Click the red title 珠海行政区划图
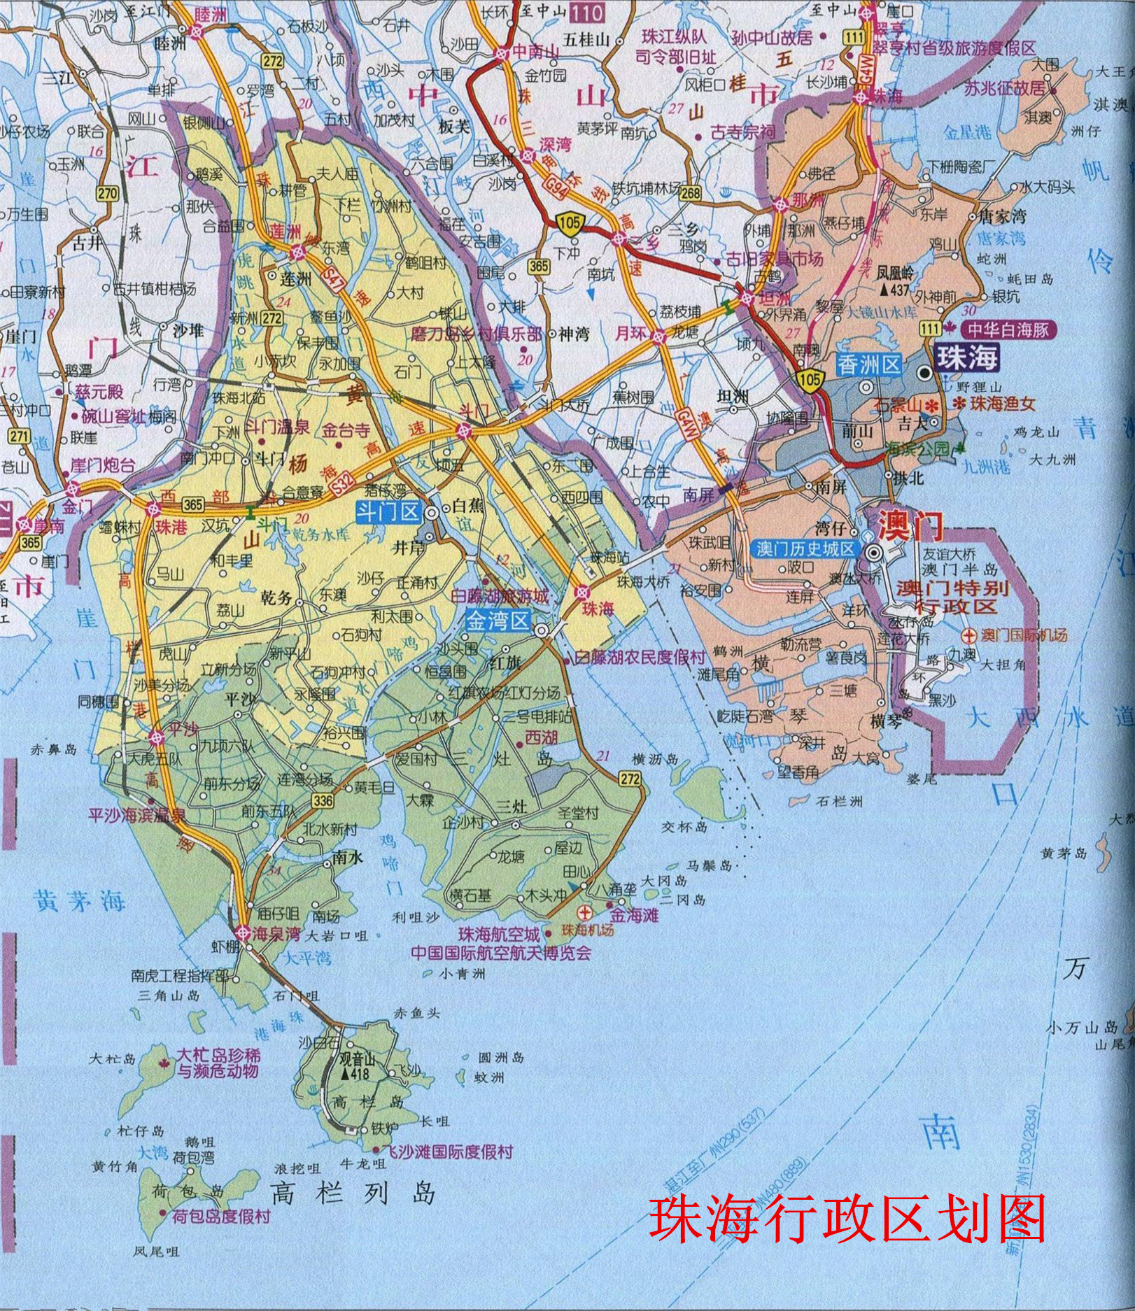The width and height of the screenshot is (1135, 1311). tap(847, 1218)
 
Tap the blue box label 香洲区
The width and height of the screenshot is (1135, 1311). tap(868, 364)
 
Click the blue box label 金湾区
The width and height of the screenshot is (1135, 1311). tap(498, 620)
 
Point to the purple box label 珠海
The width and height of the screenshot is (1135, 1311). tap(967, 357)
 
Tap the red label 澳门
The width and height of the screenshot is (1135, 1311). tap(910, 525)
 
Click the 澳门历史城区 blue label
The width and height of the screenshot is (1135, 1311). tap(805, 548)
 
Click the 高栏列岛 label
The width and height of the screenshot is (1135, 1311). tap(353, 1192)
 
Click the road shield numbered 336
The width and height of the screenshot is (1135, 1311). tap(323, 800)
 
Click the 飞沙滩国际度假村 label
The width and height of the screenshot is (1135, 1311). tap(451, 1151)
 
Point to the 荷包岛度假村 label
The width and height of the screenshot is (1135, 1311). tap(221, 1216)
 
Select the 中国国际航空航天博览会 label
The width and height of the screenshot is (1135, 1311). tap(501, 952)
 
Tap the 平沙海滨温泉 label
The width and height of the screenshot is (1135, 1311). tap(137, 815)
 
